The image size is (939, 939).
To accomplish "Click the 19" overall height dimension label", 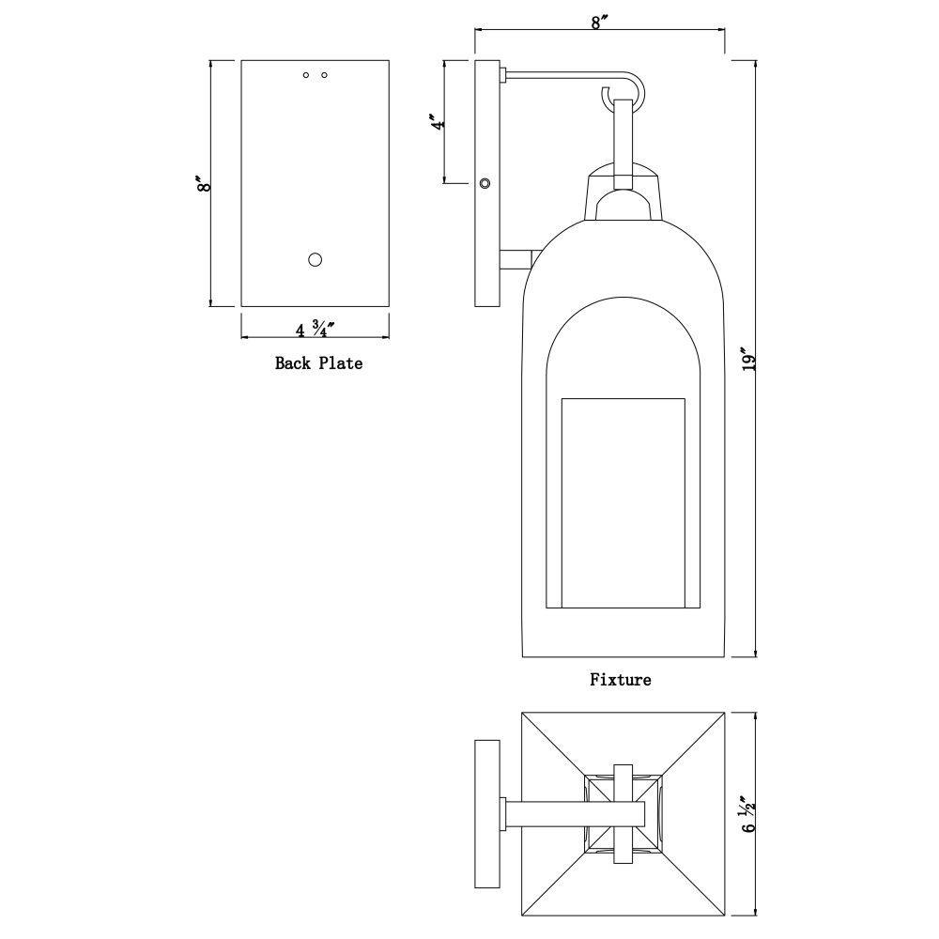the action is tap(749, 359).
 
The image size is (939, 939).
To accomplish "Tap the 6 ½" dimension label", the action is tap(749, 814).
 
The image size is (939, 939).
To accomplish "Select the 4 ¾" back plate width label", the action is tap(315, 329).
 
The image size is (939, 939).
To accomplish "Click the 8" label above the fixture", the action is tap(599, 23).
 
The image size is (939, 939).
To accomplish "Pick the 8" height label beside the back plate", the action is tap(204, 183).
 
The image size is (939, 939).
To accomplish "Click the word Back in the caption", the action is tap(293, 363).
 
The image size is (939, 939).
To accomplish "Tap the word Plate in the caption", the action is tap(340, 363).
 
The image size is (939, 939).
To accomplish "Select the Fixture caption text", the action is tap(621, 680).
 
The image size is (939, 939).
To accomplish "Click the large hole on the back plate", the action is tap(315, 260).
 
